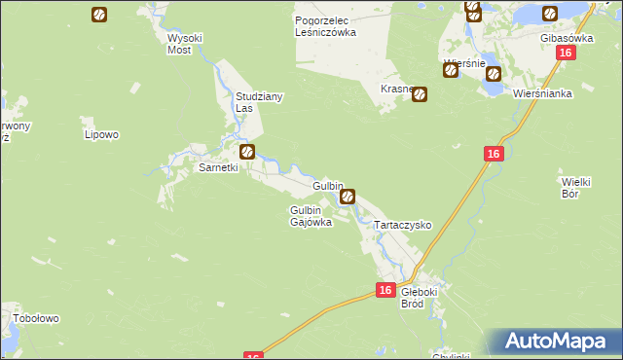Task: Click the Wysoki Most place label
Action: tap(184, 43)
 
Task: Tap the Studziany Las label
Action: tap(250, 102)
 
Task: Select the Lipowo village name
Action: tap(101, 134)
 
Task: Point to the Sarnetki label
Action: tap(218, 167)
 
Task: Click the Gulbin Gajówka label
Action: tap(311, 216)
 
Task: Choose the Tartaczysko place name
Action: tap(403, 225)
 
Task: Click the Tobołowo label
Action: tap(36, 318)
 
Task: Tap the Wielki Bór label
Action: tap(579, 188)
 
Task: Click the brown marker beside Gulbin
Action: tap(348, 197)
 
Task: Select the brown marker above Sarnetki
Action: tap(248, 152)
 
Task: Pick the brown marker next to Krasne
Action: tap(420, 95)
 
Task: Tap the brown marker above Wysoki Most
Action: tap(99, 15)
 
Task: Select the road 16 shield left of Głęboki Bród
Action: tap(385, 290)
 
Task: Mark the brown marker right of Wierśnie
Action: tap(494, 72)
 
